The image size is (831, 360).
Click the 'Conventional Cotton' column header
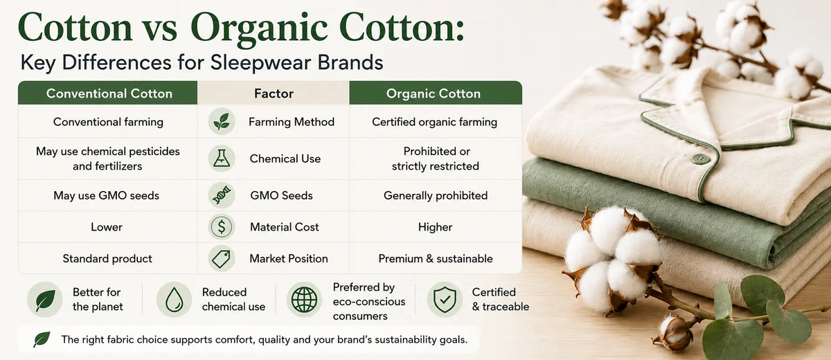click(x=109, y=93)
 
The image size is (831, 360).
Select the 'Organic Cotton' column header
click(x=434, y=93)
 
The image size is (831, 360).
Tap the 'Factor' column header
click(x=274, y=93)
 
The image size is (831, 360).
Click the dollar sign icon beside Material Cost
click(x=222, y=226)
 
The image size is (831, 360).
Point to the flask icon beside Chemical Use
click(x=222, y=159)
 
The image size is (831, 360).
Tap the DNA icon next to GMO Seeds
click(x=222, y=195)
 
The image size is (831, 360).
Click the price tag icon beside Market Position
click(x=222, y=258)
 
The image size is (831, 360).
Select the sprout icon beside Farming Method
click(x=222, y=121)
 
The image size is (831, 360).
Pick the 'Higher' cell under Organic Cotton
click(x=435, y=227)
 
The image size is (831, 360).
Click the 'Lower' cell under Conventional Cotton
click(x=107, y=227)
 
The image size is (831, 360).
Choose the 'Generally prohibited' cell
click(x=436, y=195)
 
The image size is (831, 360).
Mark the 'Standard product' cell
click(x=107, y=258)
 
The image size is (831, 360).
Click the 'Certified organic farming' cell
click(x=434, y=122)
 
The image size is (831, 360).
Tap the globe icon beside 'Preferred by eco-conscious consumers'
click(x=304, y=300)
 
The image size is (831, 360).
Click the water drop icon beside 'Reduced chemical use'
click(x=174, y=300)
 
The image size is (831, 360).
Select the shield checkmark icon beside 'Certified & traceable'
click(x=445, y=300)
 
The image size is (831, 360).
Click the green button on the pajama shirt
click(x=700, y=159)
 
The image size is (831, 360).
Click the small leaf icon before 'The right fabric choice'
click(x=42, y=339)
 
